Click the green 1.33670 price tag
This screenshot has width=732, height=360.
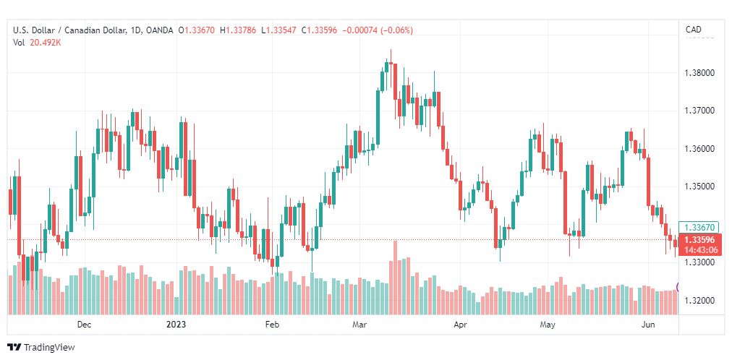pos(699,228)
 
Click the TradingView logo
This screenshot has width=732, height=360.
pos(41,348)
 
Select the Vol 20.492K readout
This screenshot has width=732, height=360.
pos(38,43)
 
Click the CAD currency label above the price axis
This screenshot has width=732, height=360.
pos(693,30)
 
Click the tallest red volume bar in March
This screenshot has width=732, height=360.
pos(396,278)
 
